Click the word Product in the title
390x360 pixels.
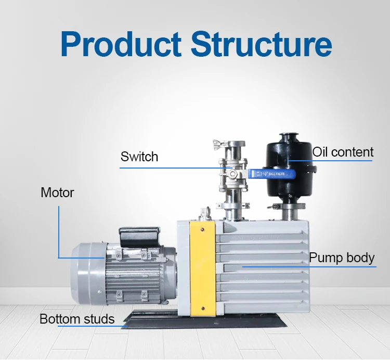pyautogui.click(x=121, y=44)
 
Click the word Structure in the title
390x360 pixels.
pyautogui.click(x=261, y=44)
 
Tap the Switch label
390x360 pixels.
pyautogui.click(x=139, y=157)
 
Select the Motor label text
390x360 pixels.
pyautogui.click(x=57, y=192)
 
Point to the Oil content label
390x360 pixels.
pyautogui.click(x=343, y=152)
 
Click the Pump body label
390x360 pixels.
pyautogui.click(x=342, y=258)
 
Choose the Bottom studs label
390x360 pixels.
pyautogui.click(x=77, y=318)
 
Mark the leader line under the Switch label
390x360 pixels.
pyautogui.click(x=172, y=168)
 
